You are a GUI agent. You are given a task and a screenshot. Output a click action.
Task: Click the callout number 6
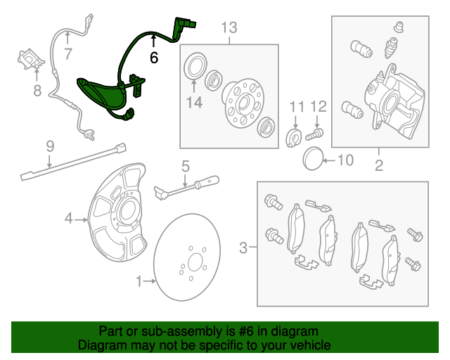point(154,58)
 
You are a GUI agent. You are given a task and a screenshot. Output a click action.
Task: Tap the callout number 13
point(229,28)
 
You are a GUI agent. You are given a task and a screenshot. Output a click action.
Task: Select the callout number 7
point(67,54)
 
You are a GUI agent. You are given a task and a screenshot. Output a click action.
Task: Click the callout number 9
point(50,146)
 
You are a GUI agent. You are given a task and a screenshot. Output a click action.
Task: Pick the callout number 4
point(69,219)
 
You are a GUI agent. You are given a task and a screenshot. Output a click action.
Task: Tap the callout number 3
point(243,247)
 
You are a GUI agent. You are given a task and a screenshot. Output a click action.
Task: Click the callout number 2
point(378,166)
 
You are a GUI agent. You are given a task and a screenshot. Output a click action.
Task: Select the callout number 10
point(345,160)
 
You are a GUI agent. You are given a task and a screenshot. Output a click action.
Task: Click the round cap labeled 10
point(313,159)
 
